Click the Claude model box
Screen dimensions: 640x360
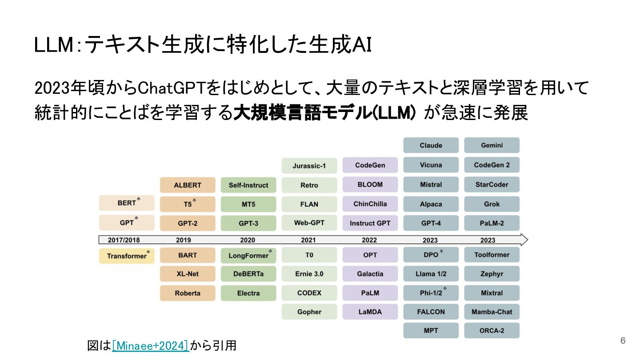pos(431,145)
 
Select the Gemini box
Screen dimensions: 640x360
pos(492,145)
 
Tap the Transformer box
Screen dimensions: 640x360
pos(127,256)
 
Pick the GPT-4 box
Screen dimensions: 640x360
pos(431,223)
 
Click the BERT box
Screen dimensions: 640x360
pos(127,203)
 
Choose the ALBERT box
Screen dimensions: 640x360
pos(188,185)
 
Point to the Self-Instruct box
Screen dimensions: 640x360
pos(248,185)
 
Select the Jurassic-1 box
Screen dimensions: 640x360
pos(309,165)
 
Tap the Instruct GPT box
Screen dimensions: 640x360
pos(370,223)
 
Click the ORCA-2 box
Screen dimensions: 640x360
pos(492,331)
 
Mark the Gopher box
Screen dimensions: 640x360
pos(309,312)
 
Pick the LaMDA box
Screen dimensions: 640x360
pos(370,312)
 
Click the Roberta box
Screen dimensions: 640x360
pos(188,293)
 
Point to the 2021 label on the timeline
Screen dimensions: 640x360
pos(308,240)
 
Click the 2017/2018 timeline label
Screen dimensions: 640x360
pos(124,240)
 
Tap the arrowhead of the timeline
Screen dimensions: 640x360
pos(524,240)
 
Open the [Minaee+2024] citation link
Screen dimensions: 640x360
pos(151,346)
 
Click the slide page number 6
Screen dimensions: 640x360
pos(623,340)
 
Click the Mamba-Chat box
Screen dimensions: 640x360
pos(492,312)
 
